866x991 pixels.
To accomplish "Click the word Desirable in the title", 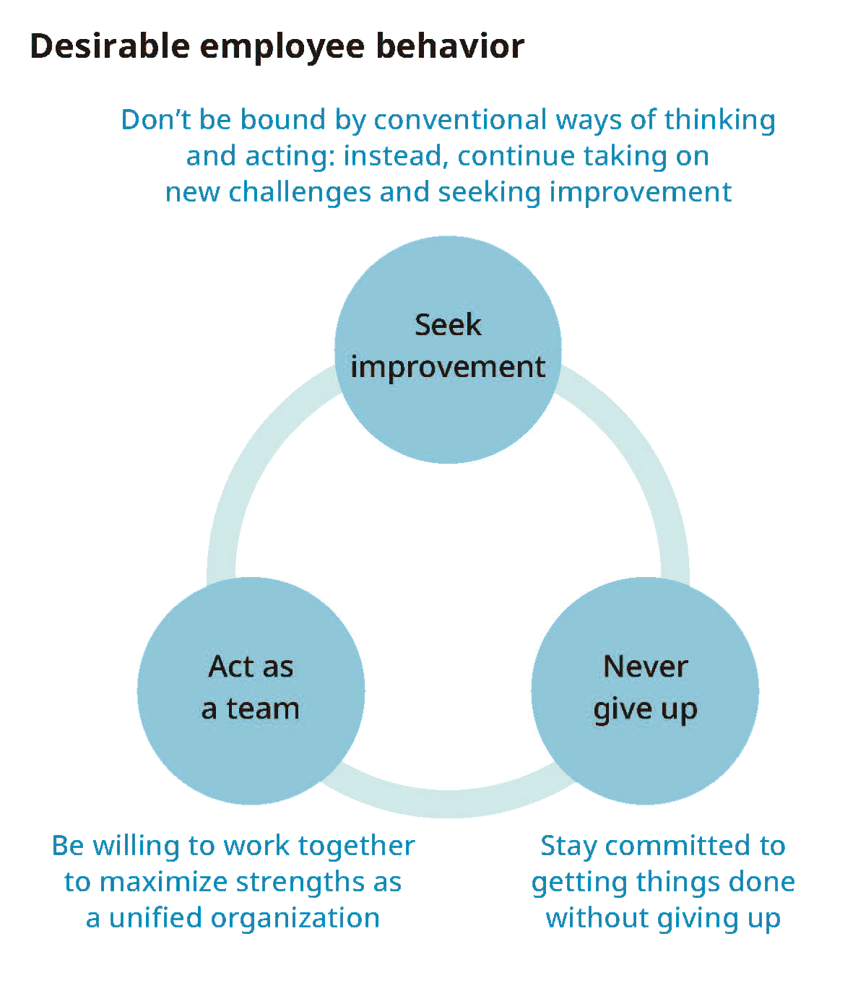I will tap(108, 46).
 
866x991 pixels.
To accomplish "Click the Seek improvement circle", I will tap(448, 349).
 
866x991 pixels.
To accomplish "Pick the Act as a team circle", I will tap(251, 691).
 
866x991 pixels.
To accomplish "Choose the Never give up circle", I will tap(645, 691).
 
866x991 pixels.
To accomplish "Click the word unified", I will tap(150, 918).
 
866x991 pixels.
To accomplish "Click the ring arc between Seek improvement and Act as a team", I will tap(253, 462).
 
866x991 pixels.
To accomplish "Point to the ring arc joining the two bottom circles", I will tap(448, 804).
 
